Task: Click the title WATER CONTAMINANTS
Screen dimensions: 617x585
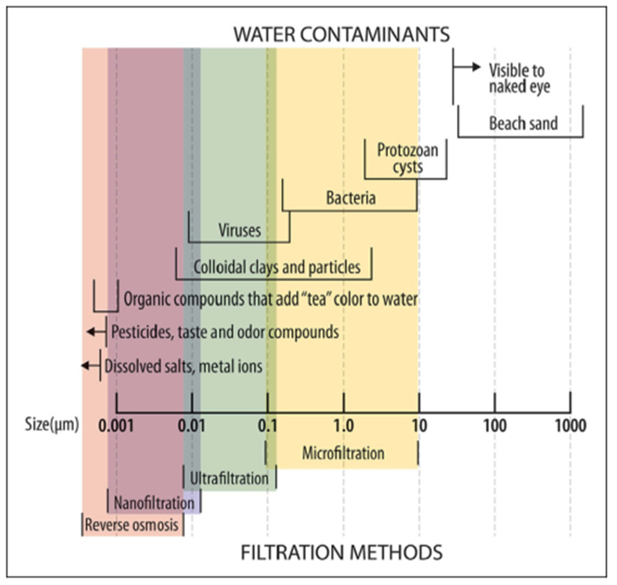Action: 341,34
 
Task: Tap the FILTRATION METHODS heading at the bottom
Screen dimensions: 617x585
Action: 341,553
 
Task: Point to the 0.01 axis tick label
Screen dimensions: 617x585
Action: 193,424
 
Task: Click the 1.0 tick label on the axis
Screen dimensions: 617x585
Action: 343,424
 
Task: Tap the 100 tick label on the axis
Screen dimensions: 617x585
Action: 495,424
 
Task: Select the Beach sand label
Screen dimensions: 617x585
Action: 523,124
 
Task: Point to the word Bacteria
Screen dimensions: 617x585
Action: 351,198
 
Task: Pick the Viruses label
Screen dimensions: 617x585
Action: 239,230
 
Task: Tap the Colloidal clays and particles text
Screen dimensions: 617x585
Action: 276,268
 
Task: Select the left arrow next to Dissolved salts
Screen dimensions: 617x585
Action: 90,365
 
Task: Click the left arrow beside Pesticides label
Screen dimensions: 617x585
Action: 94,332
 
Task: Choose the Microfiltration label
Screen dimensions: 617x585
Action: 343,453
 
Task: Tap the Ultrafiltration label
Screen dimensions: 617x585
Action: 229,478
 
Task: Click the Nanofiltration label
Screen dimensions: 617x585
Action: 154,503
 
